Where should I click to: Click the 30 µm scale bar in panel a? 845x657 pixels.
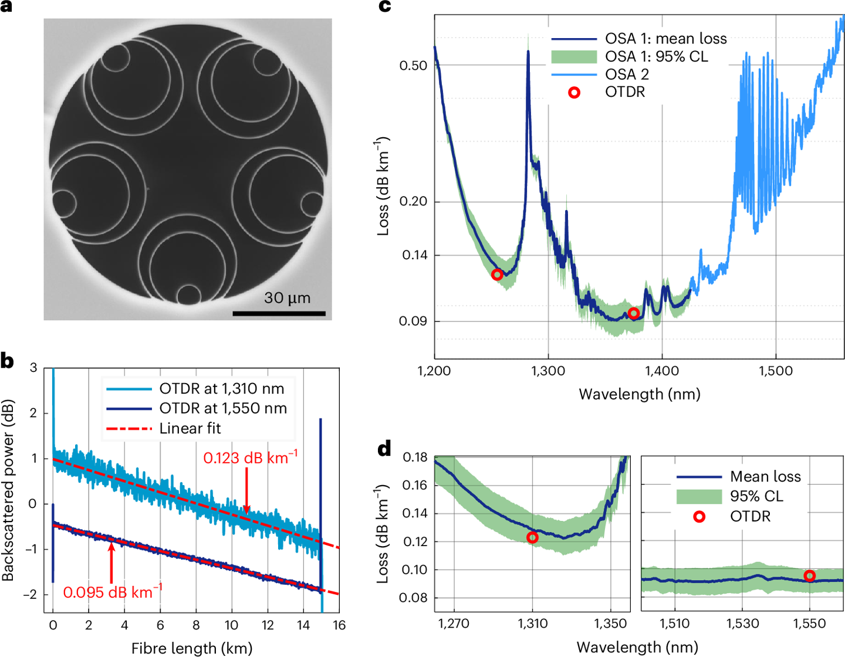(x=279, y=313)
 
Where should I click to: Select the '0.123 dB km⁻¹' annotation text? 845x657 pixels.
(x=250, y=458)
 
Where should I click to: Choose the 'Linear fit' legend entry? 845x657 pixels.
(x=190, y=429)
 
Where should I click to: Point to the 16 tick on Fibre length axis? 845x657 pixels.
(x=339, y=625)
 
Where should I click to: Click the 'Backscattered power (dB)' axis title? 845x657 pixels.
(x=8, y=490)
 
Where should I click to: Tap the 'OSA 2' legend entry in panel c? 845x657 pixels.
(x=627, y=74)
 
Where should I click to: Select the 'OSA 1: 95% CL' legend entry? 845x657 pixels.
(x=656, y=57)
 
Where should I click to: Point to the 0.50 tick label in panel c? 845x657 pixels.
(x=413, y=65)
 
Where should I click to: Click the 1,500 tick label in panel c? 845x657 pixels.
(x=776, y=371)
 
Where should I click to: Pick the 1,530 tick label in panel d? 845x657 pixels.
(x=743, y=624)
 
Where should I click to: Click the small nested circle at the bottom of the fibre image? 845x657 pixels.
(x=188, y=294)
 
